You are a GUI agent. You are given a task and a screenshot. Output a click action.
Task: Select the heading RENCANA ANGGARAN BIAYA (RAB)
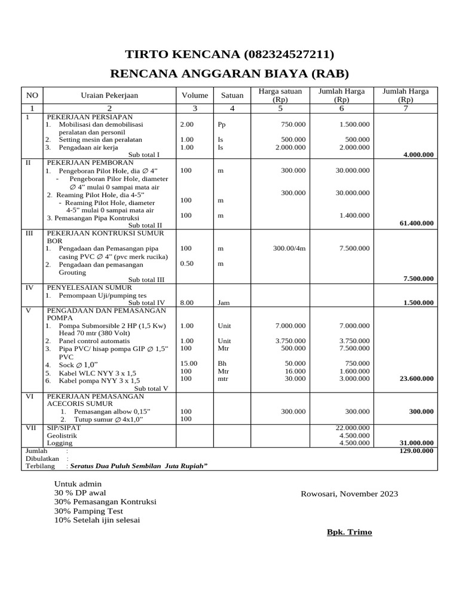(x=229, y=74)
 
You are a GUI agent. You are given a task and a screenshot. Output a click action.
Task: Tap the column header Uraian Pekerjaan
(x=109, y=95)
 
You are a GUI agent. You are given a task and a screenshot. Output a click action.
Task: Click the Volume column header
(x=195, y=95)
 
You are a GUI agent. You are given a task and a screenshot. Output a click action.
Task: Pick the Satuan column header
(x=232, y=95)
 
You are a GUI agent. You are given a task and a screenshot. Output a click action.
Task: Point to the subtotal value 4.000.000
(x=418, y=155)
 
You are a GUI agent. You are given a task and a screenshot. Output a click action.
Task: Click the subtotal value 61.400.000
(x=416, y=223)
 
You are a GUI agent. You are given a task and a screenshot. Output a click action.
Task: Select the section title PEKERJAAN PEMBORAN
(x=87, y=162)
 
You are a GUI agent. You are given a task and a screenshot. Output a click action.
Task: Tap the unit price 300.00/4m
(x=289, y=248)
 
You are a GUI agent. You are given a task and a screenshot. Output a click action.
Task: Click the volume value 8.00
(x=187, y=303)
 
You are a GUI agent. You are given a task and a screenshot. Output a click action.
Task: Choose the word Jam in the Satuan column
(x=224, y=303)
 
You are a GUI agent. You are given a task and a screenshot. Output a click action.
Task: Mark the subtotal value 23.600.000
(x=416, y=378)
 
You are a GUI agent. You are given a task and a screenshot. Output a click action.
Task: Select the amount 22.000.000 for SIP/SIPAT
(x=354, y=428)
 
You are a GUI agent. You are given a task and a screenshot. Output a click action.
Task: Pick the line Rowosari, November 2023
(x=349, y=494)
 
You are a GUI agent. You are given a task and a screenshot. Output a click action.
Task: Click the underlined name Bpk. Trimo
(x=349, y=532)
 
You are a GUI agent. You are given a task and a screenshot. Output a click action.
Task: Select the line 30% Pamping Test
(x=88, y=511)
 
